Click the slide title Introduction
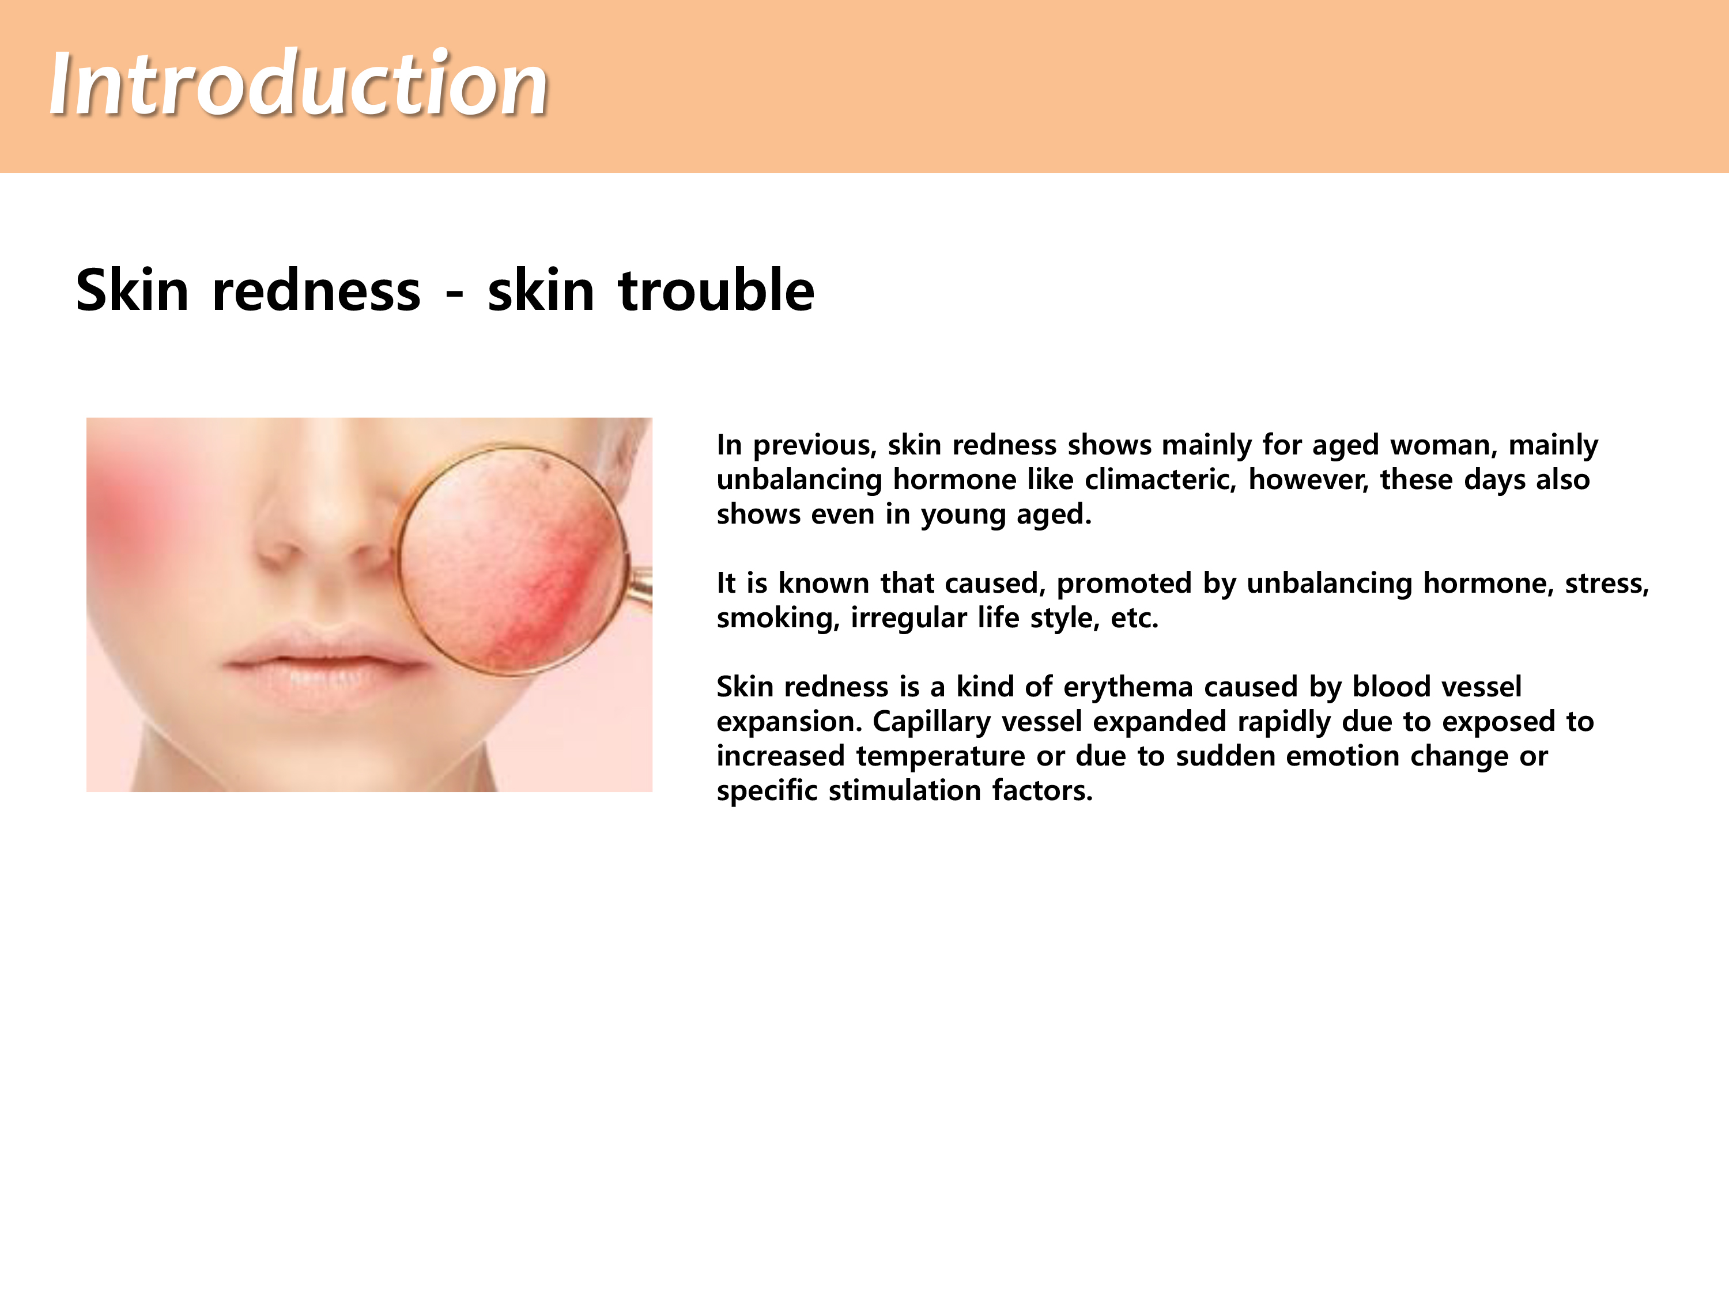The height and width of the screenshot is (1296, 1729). coord(299,84)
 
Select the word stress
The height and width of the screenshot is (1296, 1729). coord(1606,583)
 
